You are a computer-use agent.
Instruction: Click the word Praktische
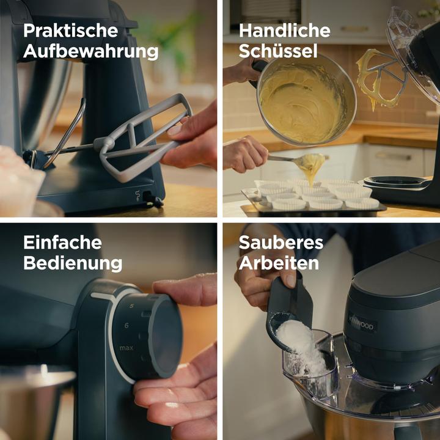point(70,31)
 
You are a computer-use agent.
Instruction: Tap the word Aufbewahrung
point(90,51)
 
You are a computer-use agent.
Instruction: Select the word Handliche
point(284,31)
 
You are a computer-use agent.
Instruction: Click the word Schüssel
point(278,51)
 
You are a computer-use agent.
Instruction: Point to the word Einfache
point(62,242)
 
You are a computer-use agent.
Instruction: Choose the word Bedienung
point(73,263)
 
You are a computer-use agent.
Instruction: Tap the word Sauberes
point(281,242)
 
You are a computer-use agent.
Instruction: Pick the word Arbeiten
point(279,263)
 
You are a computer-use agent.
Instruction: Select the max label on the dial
point(127,348)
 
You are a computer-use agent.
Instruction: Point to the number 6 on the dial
point(127,326)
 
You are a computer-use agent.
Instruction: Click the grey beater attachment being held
point(144,137)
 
